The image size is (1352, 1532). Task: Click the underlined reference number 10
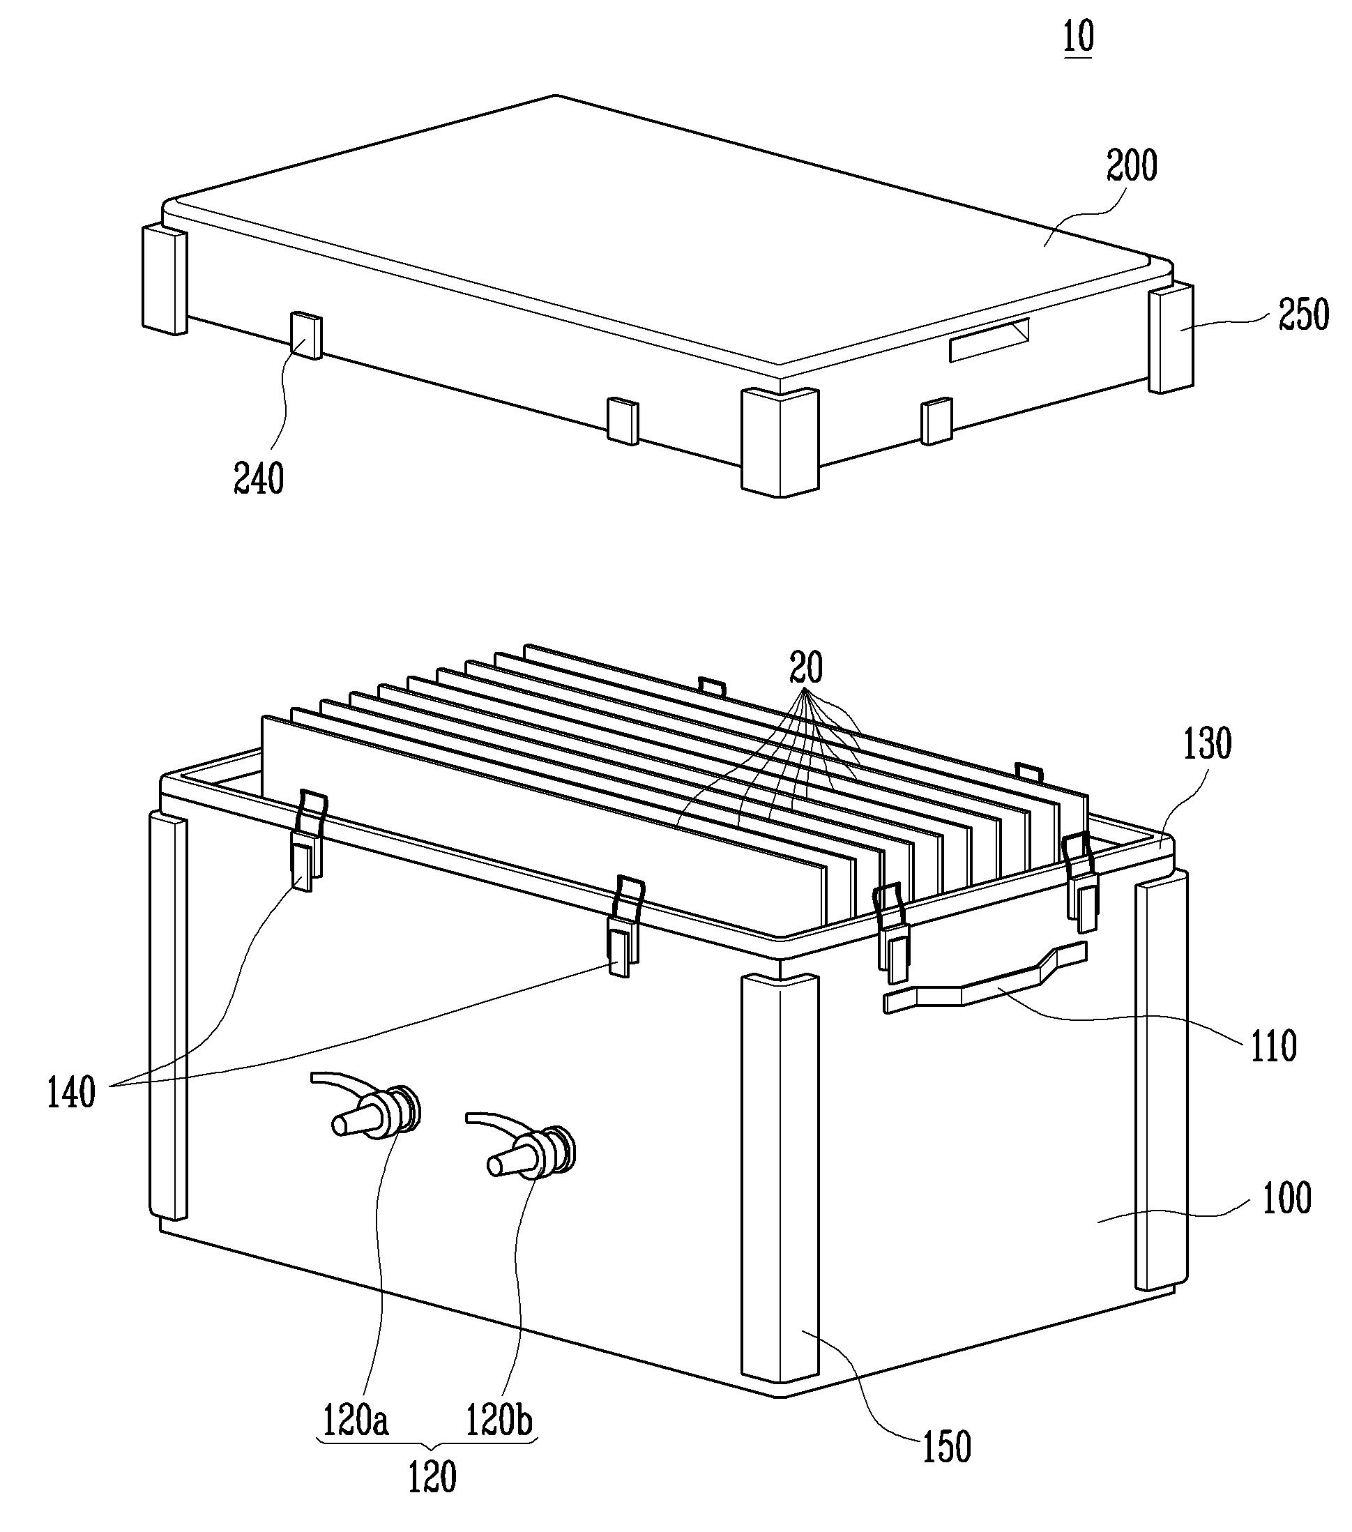[x=1079, y=36]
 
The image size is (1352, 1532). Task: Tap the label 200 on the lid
[x=1132, y=167]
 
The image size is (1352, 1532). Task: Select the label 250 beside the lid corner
[x=1303, y=314]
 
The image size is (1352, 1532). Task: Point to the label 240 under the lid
[x=259, y=478]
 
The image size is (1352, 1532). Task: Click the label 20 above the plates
[x=805, y=667]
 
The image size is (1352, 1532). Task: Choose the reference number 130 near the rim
[x=1206, y=743]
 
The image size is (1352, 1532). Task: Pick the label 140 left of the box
[x=71, y=1092]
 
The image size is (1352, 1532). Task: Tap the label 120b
[x=500, y=1419]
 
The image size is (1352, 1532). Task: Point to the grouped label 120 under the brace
[x=432, y=1478]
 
